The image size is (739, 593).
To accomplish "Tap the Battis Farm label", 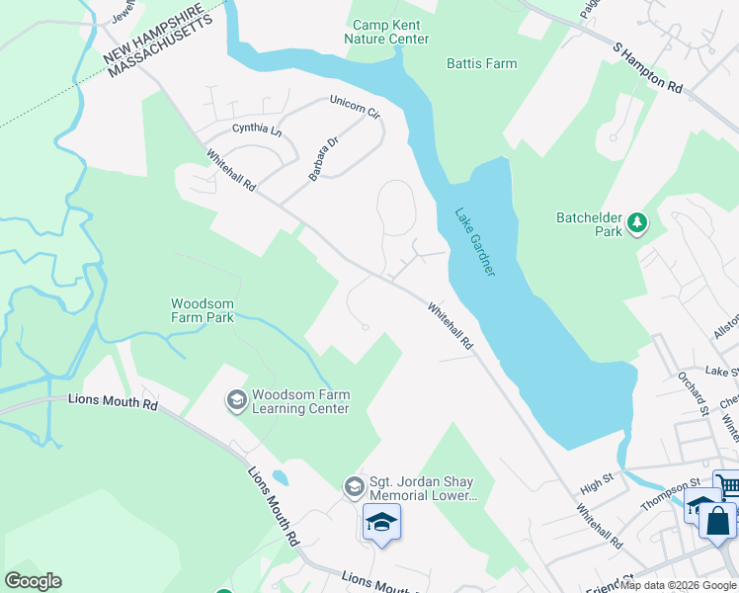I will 481,63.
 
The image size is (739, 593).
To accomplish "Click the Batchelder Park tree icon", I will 637,223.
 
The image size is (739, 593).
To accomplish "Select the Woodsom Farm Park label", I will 203,310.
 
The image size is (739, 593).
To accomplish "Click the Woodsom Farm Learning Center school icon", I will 236,399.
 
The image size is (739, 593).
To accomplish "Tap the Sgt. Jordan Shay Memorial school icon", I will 354,487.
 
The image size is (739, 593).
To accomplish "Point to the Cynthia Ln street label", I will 256,129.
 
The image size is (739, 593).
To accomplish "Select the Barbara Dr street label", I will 323,158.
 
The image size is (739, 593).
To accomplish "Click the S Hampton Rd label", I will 648,68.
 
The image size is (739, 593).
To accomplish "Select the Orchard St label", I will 695,392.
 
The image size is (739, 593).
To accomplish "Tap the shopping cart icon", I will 726,485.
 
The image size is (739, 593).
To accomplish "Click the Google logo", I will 33,581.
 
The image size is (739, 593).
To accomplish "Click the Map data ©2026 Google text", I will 678,585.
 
